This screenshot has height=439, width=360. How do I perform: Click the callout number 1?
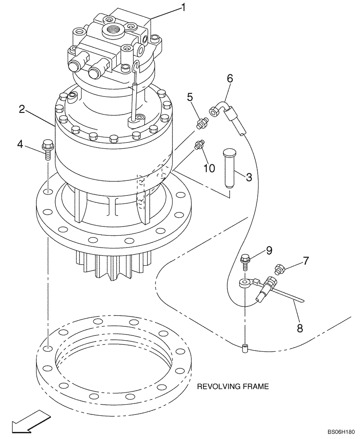point(183,7)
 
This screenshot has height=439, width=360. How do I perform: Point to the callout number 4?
point(21,144)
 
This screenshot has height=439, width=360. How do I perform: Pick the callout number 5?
point(190,96)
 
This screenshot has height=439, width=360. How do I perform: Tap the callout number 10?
point(209,168)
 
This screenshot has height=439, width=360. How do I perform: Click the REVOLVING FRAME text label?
point(232,387)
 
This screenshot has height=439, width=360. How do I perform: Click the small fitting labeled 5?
point(202,123)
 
